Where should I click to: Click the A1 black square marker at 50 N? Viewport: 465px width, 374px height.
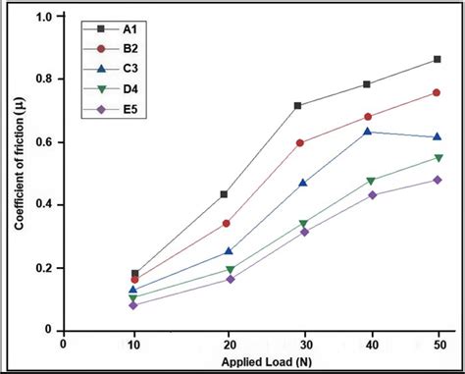(437, 60)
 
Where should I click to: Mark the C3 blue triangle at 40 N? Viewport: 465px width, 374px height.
(368, 132)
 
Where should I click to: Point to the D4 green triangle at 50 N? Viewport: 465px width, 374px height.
(437, 158)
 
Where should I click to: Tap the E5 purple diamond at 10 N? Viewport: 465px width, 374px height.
(134, 304)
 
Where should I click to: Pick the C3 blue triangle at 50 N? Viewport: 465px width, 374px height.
(437, 136)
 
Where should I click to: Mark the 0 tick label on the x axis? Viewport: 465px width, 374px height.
(64, 344)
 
